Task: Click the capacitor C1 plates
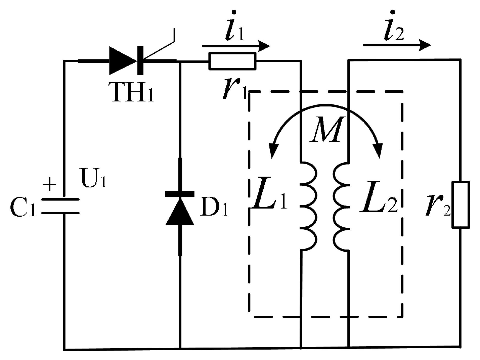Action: coord(61,206)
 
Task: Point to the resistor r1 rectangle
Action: coord(232,61)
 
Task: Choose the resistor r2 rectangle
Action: coord(460,205)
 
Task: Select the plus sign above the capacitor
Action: coord(50,184)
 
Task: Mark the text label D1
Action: coord(214,208)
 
